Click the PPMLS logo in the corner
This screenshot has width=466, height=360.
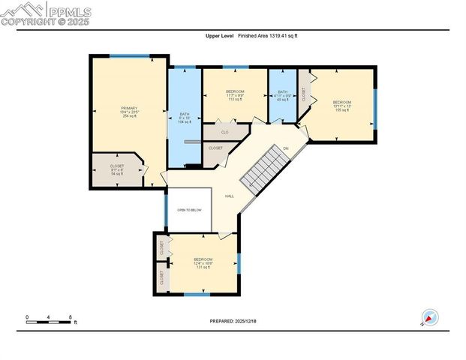pyautogui.click(x=47, y=13)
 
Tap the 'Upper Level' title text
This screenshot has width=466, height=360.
pyautogui.click(x=218, y=35)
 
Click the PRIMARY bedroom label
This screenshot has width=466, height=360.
pyautogui.click(x=129, y=112)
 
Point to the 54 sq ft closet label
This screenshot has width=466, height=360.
pyautogui.click(x=116, y=170)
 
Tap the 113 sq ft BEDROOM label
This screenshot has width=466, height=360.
pyautogui.click(x=235, y=95)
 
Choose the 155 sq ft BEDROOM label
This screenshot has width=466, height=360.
pyautogui.click(x=342, y=106)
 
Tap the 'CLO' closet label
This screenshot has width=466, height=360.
pyautogui.click(x=224, y=132)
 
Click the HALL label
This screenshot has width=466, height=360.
pyautogui.click(x=229, y=196)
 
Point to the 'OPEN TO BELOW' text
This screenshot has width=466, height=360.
pyautogui.click(x=189, y=210)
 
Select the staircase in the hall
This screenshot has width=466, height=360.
pyautogui.click(x=265, y=169)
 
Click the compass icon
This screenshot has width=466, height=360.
pyautogui.click(x=429, y=317)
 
